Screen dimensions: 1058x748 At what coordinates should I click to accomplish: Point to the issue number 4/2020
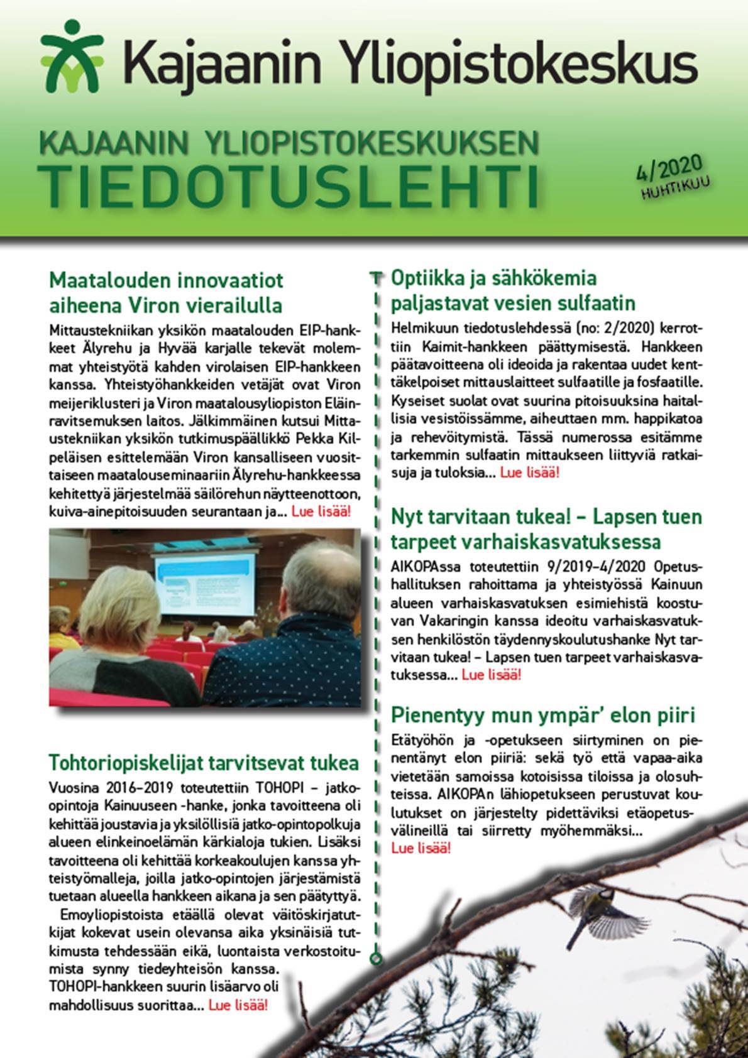click(668, 170)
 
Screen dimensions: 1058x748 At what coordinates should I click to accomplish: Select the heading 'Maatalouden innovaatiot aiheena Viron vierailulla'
click(166, 292)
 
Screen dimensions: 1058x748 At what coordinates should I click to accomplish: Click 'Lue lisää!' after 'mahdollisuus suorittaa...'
click(238, 1005)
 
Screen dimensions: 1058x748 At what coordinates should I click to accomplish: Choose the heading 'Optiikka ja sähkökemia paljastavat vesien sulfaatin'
click(513, 290)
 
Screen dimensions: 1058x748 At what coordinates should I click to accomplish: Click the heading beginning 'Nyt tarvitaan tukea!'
click(546, 529)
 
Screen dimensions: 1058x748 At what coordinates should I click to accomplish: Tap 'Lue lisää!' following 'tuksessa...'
click(491, 675)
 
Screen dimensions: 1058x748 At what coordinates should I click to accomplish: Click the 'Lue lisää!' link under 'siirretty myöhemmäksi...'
click(421, 848)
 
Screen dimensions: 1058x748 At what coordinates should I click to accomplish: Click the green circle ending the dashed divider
click(376, 959)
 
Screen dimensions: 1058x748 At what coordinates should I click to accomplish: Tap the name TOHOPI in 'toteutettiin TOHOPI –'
click(272, 788)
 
